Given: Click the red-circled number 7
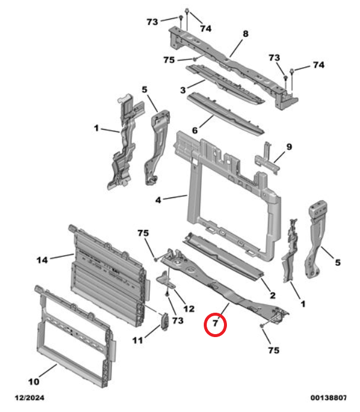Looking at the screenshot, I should [216, 325].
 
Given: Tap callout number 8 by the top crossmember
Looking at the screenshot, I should [245, 34].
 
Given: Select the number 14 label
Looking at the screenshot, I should [42, 259].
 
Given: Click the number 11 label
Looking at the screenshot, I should [138, 341].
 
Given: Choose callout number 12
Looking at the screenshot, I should [189, 309].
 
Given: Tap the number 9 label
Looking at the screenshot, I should [289, 146].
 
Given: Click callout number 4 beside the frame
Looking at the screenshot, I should [159, 200].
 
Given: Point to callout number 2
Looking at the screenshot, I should [272, 295].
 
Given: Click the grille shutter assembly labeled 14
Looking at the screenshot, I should [107, 273].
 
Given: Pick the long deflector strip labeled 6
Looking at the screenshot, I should [226, 113].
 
